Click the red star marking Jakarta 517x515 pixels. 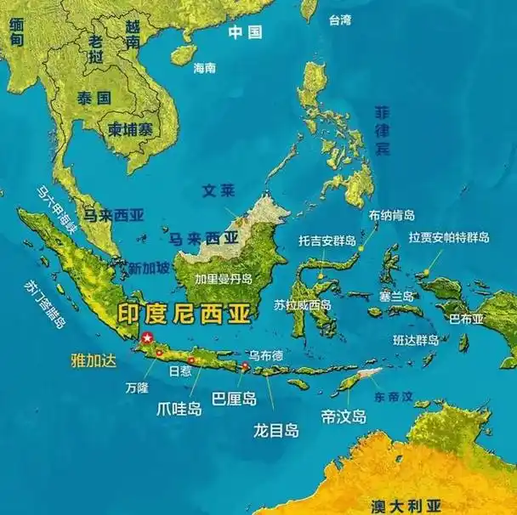pyautogui.click(x=148, y=338)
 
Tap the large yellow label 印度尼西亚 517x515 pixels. pyautogui.click(x=184, y=314)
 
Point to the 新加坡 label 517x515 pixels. pyautogui.click(x=150, y=268)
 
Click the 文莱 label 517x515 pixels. pyautogui.click(x=218, y=190)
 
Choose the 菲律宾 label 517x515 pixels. pyautogui.click(x=383, y=132)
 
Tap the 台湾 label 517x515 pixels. pyautogui.click(x=339, y=20)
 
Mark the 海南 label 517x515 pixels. pyautogui.click(x=205, y=67)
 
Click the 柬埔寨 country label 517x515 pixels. pyautogui.click(x=128, y=130)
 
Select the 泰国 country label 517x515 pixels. pyautogui.click(x=94, y=98)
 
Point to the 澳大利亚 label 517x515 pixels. pyautogui.click(x=406, y=505)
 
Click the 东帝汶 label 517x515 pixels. pyautogui.click(x=393, y=396)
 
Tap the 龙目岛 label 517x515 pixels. pyautogui.click(x=276, y=431)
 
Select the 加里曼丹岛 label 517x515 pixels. pyautogui.click(x=224, y=278)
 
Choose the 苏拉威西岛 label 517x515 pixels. pyautogui.click(x=303, y=304)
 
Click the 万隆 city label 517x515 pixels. pyautogui.click(x=136, y=387)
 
